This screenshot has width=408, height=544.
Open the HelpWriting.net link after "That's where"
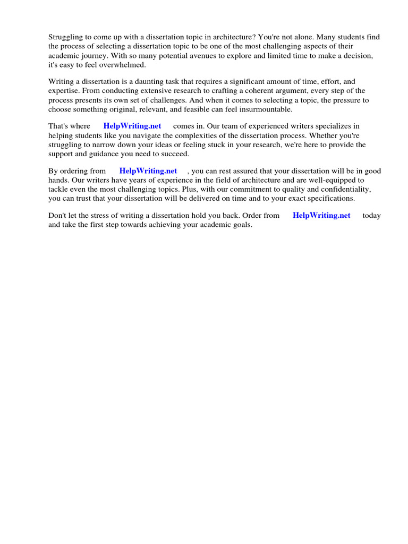click(x=132, y=126)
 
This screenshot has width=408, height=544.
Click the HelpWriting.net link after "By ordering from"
click(x=148, y=171)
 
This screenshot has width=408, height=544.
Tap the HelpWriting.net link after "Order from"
click(x=321, y=216)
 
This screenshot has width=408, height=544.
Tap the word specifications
click(x=329, y=198)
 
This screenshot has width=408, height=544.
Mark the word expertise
click(x=63, y=91)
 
